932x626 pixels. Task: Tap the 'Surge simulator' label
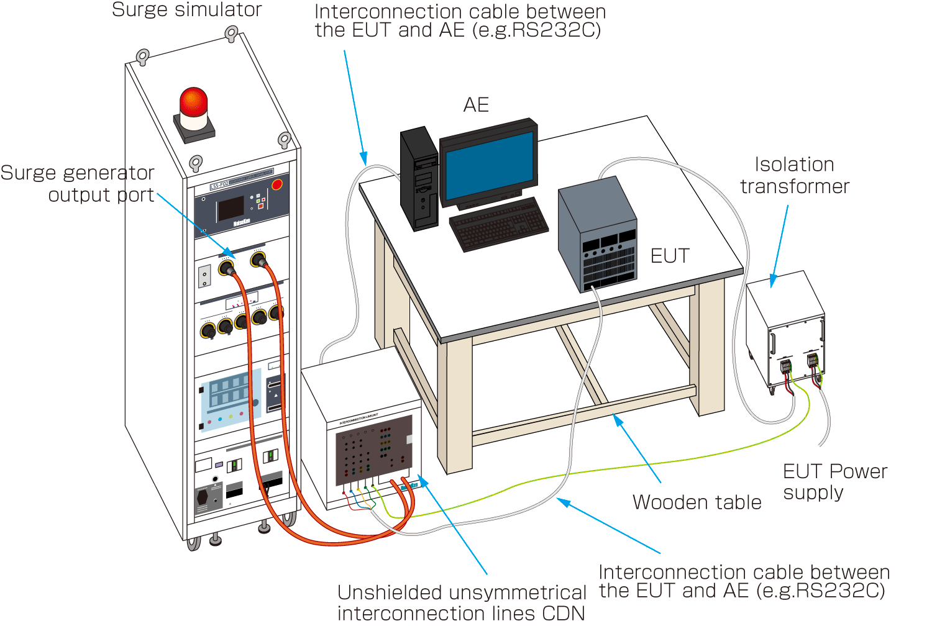point(186,10)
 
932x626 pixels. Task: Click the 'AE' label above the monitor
point(476,105)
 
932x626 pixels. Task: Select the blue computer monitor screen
point(488,163)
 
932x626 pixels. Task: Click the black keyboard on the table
point(498,224)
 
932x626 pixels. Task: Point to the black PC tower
point(419,179)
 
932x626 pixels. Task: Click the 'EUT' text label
point(670,256)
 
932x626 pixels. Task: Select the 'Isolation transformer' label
point(794,175)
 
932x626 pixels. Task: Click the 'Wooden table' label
point(697,502)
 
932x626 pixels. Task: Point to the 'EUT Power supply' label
point(834,481)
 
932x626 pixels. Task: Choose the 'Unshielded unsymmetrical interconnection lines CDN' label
point(462,602)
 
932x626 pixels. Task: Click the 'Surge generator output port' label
point(78,183)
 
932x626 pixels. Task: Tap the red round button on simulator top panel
point(277,184)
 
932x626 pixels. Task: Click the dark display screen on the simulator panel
point(230,209)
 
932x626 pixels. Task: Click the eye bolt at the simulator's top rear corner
point(231,32)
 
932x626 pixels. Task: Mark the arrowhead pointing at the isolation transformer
point(773,281)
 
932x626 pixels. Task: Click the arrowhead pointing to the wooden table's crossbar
point(618,420)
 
